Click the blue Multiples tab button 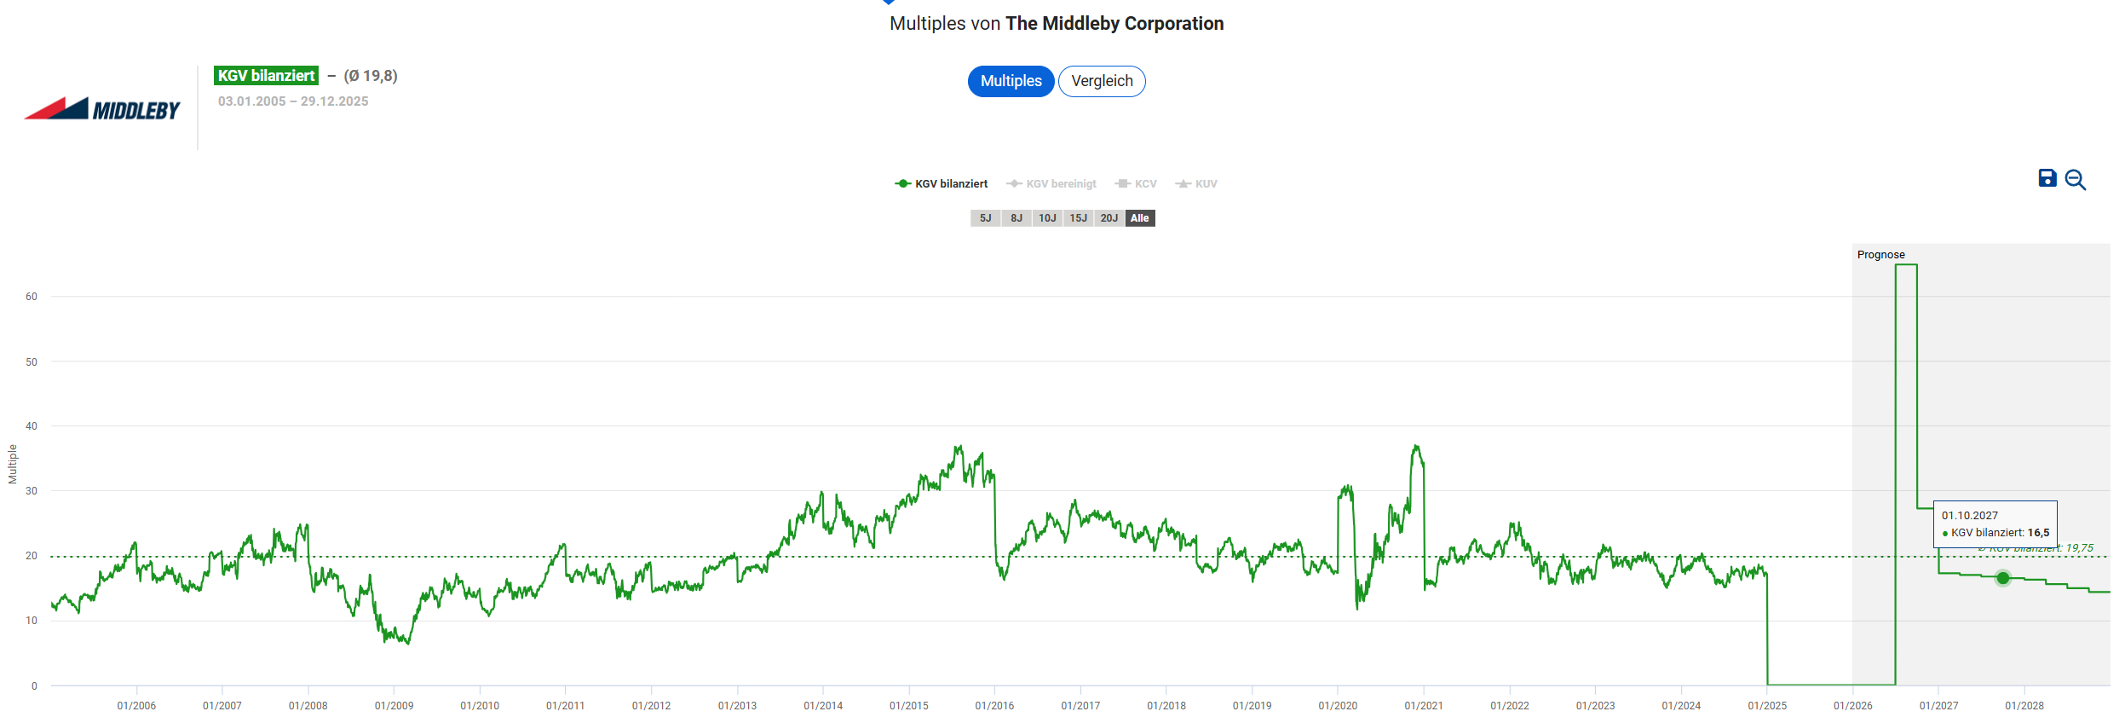coord(1011,81)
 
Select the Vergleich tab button coord(1102,81)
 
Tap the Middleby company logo coord(102,109)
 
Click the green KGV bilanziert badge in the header coord(266,76)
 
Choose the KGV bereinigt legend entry coord(1051,184)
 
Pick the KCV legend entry coord(1137,184)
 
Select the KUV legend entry coord(1197,184)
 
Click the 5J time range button coord(985,218)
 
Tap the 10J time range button coord(1047,218)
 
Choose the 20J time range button coord(1109,218)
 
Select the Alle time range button coord(1139,218)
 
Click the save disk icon coord(2047,178)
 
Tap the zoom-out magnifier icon coord(2076,180)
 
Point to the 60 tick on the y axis coord(32,297)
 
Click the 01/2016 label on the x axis coord(994,706)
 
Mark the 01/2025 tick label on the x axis coord(1767,706)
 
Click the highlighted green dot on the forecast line coord(2003,578)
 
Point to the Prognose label coord(1880,255)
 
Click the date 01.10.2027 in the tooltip coord(1969,516)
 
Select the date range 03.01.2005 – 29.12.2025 coord(293,101)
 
